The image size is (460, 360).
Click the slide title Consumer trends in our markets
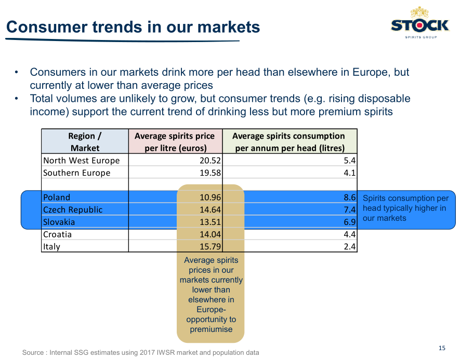coord(133,27)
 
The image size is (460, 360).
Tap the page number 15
coord(442,348)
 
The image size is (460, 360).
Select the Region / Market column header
coord(85,142)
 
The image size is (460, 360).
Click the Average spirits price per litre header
coord(175,142)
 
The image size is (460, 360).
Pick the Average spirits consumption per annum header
coord(290,142)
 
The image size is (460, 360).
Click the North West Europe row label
coord(81,161)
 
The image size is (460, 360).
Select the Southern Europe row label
coord(76,172)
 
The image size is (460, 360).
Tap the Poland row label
coord(57,197)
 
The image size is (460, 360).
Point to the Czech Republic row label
coord(73,209)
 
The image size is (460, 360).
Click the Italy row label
coord(51,247)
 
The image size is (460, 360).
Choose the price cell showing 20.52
coord(210,161)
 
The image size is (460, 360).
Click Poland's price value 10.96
coord(210,197)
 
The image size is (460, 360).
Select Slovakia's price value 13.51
coord(210,222)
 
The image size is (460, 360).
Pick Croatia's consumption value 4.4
coord(349,234)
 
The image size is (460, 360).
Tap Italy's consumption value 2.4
coord(349,247)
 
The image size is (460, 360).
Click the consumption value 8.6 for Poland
coord(349,197)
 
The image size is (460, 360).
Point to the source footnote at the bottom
coord(140,352)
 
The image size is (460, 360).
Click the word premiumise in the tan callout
coord(211,329)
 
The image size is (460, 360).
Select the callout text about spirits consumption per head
coord(405,208)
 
